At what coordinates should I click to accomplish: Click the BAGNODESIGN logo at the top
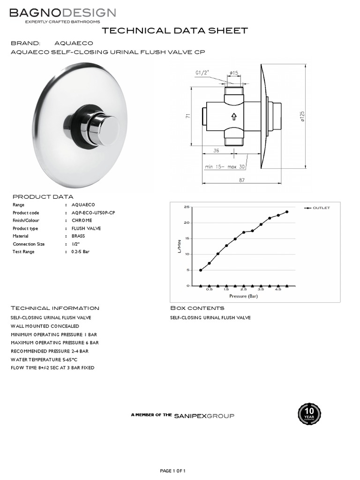63,13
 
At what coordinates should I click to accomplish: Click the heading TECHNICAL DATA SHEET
175,31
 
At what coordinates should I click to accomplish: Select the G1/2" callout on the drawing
202,73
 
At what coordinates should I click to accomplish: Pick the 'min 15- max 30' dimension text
225,166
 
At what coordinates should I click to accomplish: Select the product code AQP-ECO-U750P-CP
93,213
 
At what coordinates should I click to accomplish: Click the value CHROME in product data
82,220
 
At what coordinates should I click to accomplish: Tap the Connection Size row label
29,244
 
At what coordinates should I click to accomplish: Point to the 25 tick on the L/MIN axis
187,207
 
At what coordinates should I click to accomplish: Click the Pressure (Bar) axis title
244,296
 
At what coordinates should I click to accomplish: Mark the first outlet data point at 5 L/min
201,270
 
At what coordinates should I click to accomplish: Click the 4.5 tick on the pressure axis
278,290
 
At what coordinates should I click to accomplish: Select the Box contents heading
197,308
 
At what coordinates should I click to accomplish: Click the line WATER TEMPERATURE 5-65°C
43,360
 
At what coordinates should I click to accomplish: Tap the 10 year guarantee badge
309,414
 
